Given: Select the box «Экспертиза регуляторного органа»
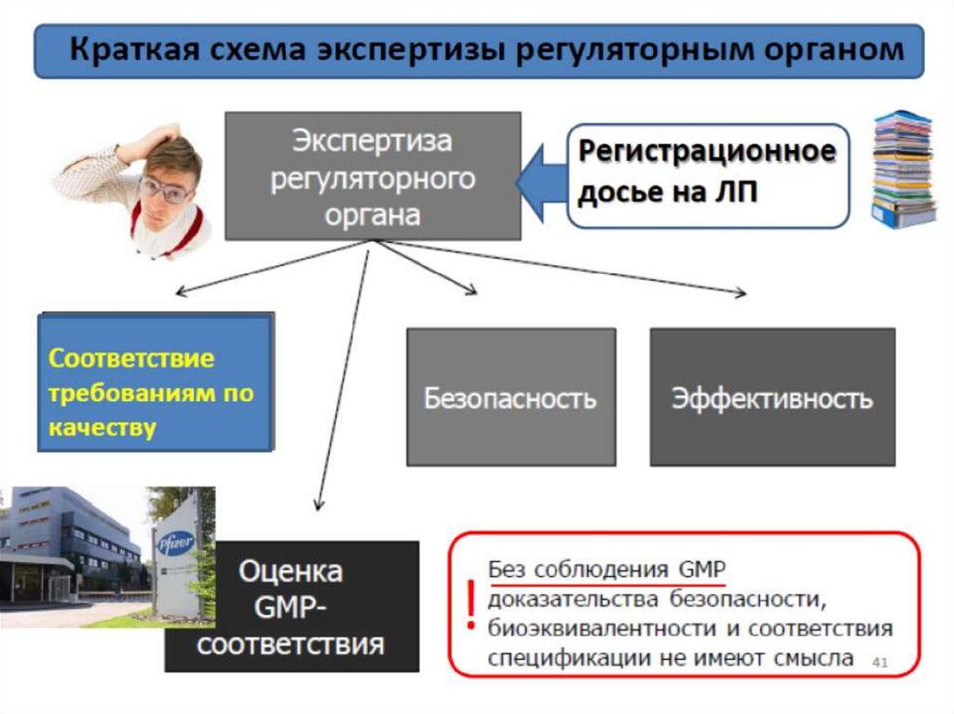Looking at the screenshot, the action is [373, 177].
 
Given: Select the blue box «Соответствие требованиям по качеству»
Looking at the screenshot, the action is [156, 383].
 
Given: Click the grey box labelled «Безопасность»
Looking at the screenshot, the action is [511, 398].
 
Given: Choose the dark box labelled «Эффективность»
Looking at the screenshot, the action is [772, 398].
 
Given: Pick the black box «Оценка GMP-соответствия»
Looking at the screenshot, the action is [292, 607].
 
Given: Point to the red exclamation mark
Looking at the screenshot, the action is [471, 603].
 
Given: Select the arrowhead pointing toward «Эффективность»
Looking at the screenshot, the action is [741, 294].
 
